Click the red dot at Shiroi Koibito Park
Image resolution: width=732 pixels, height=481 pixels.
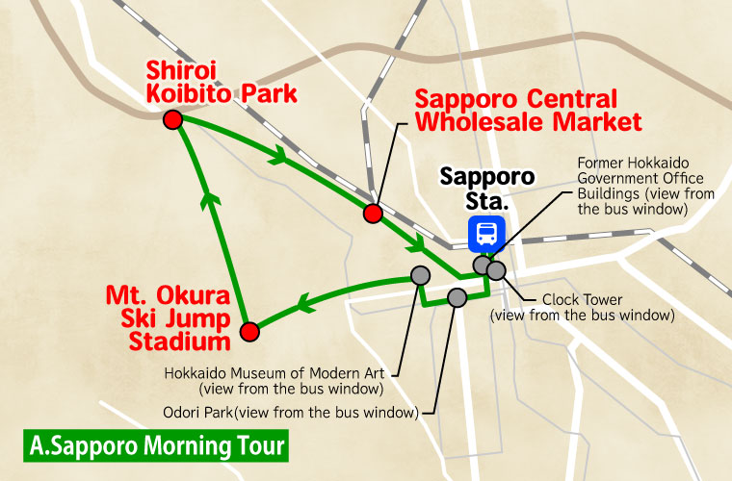[173, 119]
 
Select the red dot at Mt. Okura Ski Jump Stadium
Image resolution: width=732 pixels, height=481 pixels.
[249, 332]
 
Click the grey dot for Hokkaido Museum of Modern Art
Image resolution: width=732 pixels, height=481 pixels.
[419, 275]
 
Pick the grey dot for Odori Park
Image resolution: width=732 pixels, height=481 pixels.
[457, 298]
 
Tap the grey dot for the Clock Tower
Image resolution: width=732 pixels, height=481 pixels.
[496, 270]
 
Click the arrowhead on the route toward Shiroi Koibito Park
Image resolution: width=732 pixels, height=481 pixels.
[208, 198]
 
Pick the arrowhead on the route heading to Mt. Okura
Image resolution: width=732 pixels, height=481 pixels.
[305, 305]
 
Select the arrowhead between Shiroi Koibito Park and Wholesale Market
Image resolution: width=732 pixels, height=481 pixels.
[280, 154]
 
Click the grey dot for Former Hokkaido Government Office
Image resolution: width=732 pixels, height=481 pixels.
[481, 265]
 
